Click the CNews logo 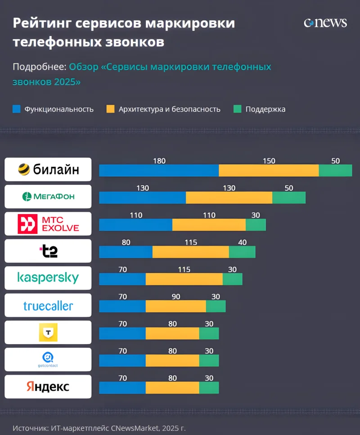point(325,23)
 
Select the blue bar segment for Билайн point(159,170)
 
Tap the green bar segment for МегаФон point(289,197)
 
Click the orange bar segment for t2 point(191,252)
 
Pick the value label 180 point(159,161)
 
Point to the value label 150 point(269,161)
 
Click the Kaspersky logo point(48,278)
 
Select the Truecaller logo point(48,306)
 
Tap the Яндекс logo point(48,386)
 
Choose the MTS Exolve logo point(48,224)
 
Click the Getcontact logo point(48,359)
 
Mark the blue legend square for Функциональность point(17,109)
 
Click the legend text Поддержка point(265,109)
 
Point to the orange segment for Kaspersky point(184,279)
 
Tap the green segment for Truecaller point(216,306)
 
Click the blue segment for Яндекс point(122,387)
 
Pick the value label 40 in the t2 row point(242,242)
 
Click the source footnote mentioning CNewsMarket point(99,428)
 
